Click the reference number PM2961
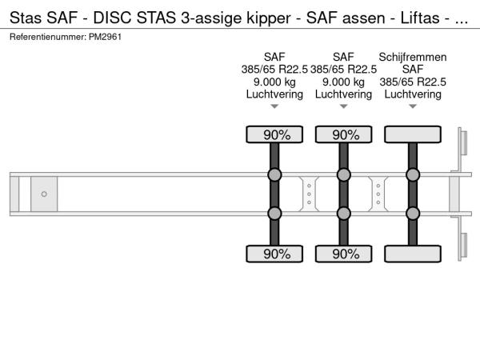point(105,37)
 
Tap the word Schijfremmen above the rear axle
point(412,57)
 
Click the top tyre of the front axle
point(274,134)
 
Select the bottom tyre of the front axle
point(274,254)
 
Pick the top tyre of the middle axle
point(343,134)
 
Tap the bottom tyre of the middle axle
point(343,254)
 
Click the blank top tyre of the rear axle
point(413,134)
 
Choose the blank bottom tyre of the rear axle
point(413,254)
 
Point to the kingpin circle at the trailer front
point(44,194)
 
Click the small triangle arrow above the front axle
point(274,106)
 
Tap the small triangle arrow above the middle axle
point(343,106)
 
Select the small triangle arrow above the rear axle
point(413,106)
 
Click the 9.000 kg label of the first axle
point(274,82)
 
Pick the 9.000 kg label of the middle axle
point(343,82)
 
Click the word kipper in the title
point(269,18)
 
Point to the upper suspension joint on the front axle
point(274,174)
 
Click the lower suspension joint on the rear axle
point(413,214)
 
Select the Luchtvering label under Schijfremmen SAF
point(413,94)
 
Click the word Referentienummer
point(48,37)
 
